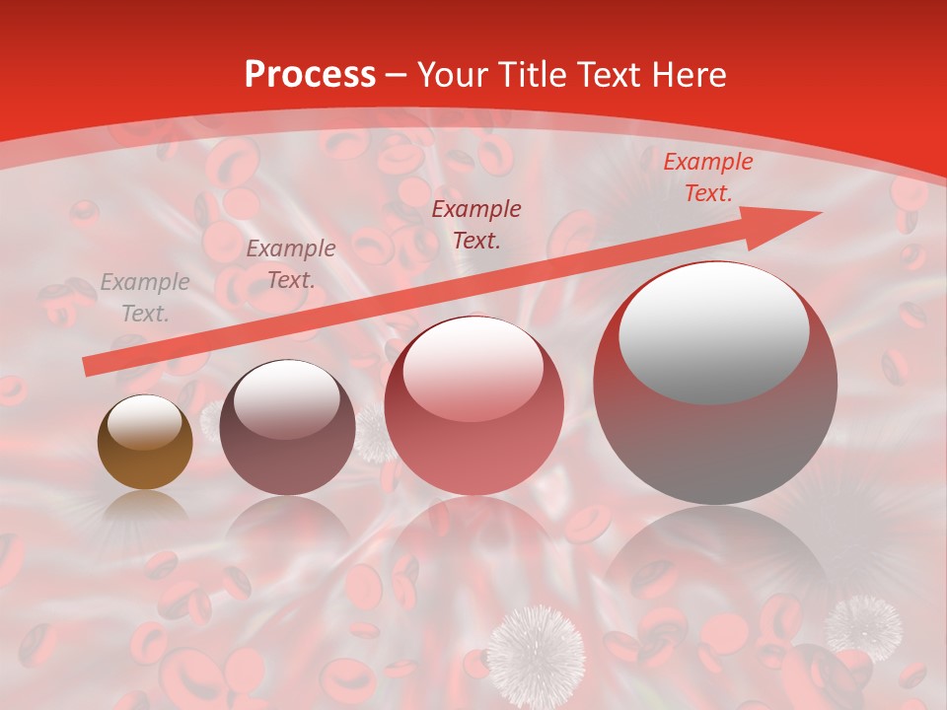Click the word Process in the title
(x=310, y=75)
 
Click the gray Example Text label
(x=145, y=298)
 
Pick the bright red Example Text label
(x=707, y=177)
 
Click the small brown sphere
(x=145, y=443)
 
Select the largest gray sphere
(x=715, y=384)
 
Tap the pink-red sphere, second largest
(x=474, y=405)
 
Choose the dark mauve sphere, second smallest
(x=287, y=427)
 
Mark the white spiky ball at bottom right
(x=864, y=627)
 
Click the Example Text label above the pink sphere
(x=476, y=224)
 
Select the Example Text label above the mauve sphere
(x=290, y=264)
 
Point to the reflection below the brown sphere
(x=145, y=509)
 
